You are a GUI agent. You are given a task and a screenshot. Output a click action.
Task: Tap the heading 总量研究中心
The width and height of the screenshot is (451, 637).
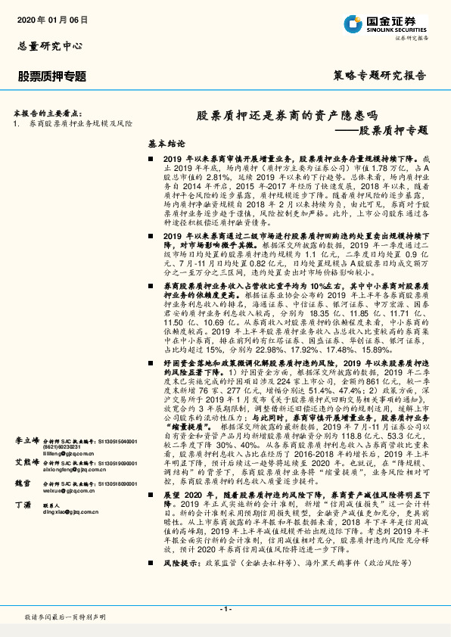point(47,46)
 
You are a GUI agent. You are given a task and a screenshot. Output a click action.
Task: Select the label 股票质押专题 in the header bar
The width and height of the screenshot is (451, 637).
point(52,76)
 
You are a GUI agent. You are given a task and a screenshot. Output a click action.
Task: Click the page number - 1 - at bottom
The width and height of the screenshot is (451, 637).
point(225,608)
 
